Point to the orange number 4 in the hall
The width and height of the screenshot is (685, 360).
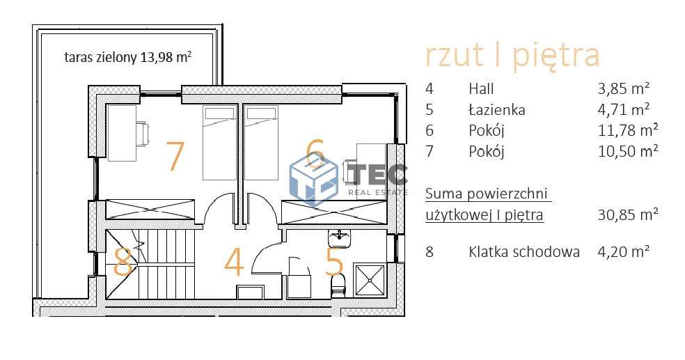234,263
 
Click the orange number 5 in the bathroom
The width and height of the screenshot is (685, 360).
334,263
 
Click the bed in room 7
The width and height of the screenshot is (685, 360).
219,142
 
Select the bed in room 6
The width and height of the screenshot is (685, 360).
261,142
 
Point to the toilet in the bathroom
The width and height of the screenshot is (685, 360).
338,285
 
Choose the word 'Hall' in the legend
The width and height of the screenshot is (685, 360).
481,88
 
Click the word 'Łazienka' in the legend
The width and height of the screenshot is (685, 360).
497,109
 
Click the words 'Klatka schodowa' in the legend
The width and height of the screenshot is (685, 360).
524,252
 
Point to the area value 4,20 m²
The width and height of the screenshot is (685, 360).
623,252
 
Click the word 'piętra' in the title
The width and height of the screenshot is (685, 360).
556,56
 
